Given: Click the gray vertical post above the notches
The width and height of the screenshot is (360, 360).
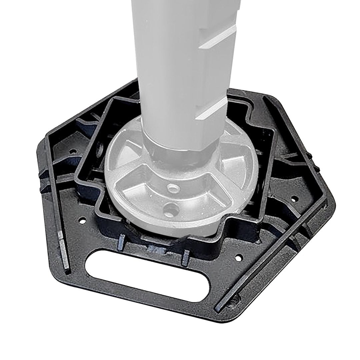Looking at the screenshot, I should click(173, 20).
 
